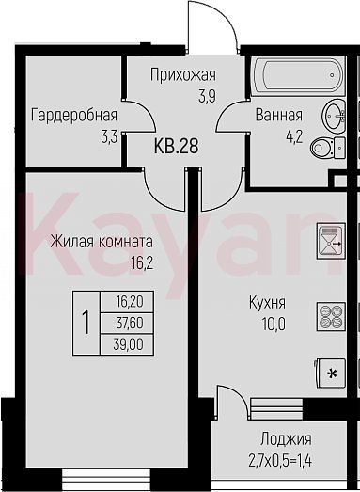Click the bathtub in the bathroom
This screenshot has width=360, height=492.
pos(299,75)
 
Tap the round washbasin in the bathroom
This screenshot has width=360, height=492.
pos(334,116)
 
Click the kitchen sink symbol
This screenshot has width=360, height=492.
pos(331,241)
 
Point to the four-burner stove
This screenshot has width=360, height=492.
pos(331,316)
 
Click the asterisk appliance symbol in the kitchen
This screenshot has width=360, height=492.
pos(330,374)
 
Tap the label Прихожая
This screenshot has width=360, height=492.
pos(183,75)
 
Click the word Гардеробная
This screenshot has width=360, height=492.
pos(74,116)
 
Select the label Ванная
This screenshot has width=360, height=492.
pos(279,115)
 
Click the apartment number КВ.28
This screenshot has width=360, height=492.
pos(176,146)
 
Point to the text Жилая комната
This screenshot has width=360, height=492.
pos(102,242)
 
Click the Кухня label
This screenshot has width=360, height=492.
pos(267,304)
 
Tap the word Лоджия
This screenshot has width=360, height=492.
pos(286,439)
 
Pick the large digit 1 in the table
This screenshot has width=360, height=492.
pos(86,324)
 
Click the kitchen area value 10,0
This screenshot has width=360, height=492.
pos(274,325)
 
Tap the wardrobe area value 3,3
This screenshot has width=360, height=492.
pos(109,137)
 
